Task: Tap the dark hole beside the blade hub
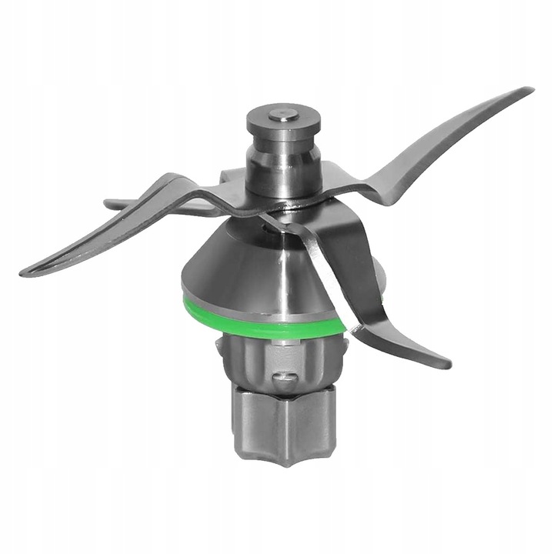(265, 223)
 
